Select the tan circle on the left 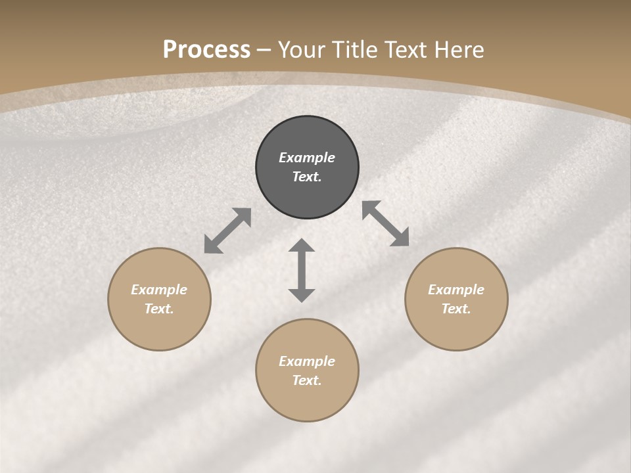click(x=159, y=299)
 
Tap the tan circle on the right click(x=456, y=299)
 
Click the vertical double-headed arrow click(x=302, y=270)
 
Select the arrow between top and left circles click(x=227, y=231)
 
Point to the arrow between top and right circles click(x=386, y=223)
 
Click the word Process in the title click(x=206, y=49)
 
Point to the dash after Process click(x=264, y=50)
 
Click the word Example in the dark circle click(x=307, y=158)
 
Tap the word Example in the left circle click(x=159, y=290)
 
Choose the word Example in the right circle click(x=456, y=290)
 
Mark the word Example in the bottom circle click(x=307, y=361)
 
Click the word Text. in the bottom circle click(x=307, y=380)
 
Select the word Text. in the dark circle click(x=307, y=177)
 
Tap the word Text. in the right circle click(x=456, y=309)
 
